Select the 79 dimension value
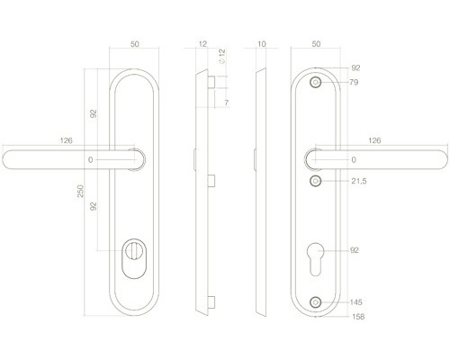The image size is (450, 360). click(354, 83)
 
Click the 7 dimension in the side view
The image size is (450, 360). click(227, 104)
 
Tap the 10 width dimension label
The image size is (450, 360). click(261, 43)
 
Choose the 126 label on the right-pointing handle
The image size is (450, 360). click(376, 139)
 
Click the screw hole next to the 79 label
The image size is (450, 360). click(315, 82)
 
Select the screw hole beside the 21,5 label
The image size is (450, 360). click(315, 181)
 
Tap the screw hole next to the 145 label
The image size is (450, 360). click(315, 302)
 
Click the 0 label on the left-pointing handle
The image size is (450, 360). click(90, 159)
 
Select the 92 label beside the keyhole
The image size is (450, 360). click(354, 249)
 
